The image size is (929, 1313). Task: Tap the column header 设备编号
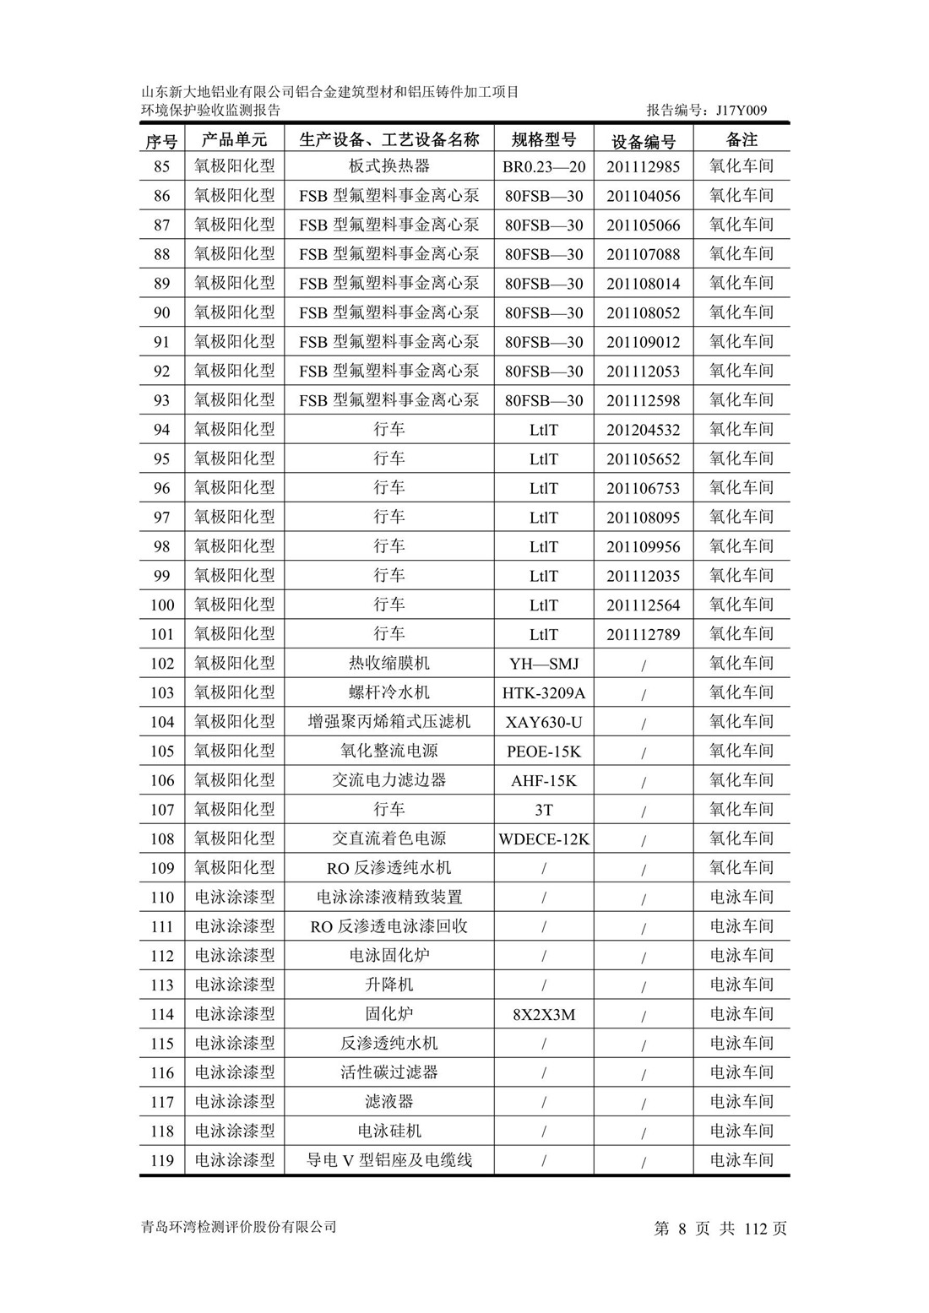click(x=644, y=141)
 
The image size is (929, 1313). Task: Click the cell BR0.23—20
click(x=544, y=167)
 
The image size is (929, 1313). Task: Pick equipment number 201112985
click(x=644, y=167)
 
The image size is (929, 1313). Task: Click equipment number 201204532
click(x=644, y=431)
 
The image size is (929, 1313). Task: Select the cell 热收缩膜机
click(x=389, y=664)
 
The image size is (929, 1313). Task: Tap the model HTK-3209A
click(x=544, y=693)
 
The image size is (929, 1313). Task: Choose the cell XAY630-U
click(x=544, y=723)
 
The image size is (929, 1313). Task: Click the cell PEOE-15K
click(x=544, y=751)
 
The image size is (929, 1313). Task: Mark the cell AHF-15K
click(x=544, y=781)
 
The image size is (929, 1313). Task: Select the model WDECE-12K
click(x=544, y=839)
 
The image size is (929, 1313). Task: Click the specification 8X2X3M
click(x=544, y=1015)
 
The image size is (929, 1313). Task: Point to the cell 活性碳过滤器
click(x=389, y=1073)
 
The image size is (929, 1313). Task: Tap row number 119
click(x=161, y=1161)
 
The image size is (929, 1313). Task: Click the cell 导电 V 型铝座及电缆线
click(x=389, y=1161)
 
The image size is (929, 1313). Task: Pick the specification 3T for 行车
click(x=544, y=811)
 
